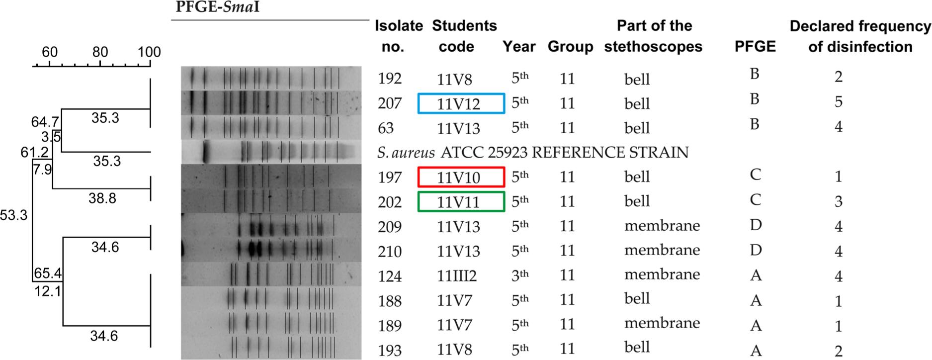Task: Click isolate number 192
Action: coord(389,79)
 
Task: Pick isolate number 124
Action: coord(389,275)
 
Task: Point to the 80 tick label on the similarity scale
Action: coord(100,52)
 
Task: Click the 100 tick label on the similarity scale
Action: coord(149,52)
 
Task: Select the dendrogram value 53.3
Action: coord(13,215)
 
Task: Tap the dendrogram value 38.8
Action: coord(102,198)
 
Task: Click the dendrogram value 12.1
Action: coord(48,291)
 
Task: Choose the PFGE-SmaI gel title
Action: coord(218,7)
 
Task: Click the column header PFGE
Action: coord(755,47)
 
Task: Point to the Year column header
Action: coord(518,47)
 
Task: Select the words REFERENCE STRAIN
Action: coord(610,152)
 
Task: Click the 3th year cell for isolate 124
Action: coord(519,275)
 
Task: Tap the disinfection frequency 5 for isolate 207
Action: coord(838,102)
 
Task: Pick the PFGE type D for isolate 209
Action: coord(755,225)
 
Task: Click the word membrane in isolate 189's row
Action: coord(662,323)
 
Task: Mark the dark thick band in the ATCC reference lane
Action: coord(206,152)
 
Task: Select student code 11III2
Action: coord(456,276)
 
